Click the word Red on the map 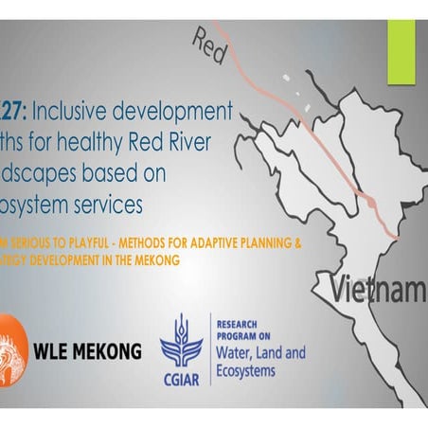[208, 46]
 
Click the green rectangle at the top [401, 45]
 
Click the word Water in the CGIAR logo [236, 354]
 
